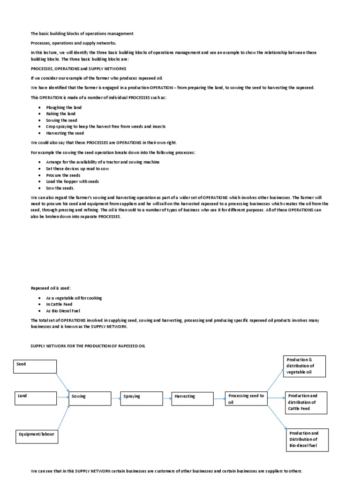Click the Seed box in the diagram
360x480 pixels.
pos(36,366)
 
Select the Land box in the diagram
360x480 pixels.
pos(36,398)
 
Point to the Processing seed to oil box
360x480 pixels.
pos(246,398)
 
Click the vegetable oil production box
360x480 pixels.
pos(304,366)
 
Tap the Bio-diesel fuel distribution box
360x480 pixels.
pos(308,440)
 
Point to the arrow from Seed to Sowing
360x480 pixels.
pos(63,380)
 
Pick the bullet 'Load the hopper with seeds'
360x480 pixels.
pos(72,181)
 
